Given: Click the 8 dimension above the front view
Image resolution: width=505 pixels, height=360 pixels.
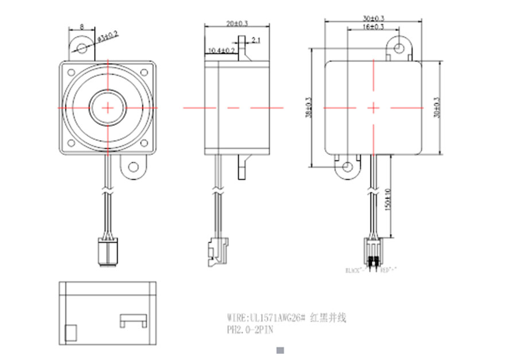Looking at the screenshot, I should click(x=82, y=27).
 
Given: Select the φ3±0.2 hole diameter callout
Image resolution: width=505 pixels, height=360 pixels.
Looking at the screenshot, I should click(x=108, y=36).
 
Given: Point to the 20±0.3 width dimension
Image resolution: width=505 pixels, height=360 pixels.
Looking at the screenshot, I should click(x=236, y=24).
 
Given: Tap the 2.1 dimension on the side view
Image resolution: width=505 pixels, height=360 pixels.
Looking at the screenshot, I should click(x=255, y=40).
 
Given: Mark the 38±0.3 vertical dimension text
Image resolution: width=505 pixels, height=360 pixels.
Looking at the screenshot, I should click(x=310, y=107).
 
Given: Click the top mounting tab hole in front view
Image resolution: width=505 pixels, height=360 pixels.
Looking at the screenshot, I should click(x=81, y=47).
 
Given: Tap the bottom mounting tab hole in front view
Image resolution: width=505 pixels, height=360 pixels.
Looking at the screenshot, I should click(x=134, y=167).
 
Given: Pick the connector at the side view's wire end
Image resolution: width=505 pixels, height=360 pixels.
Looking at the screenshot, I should click(x=213, y=251).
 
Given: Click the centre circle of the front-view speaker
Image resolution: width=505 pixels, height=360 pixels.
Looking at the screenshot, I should click(x=108, y=107).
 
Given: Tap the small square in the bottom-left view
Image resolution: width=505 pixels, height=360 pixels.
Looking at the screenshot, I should click(x=71, y=333).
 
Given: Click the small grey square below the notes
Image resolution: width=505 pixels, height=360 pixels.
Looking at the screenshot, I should click(x=281, y=350).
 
